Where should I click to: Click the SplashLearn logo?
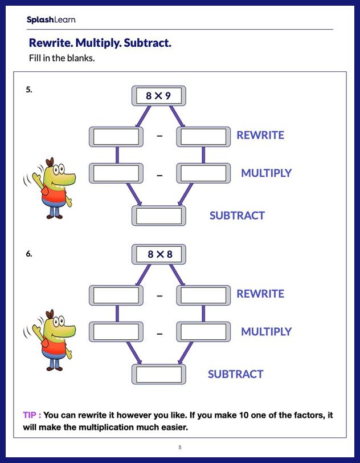click(51, 20)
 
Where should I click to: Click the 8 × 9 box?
click(159, 96)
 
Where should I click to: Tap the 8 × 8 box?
click(159, 254)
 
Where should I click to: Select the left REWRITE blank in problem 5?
click(116, 136)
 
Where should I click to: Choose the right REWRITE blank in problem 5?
click(203, 136)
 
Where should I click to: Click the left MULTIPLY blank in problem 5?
click(116, 173)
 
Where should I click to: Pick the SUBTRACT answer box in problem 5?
click(159, 216)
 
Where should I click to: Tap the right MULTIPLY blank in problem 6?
click(203, 331)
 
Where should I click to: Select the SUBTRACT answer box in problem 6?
click(159, 374)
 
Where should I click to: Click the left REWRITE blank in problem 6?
click(116, 295)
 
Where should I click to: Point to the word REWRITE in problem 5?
click(260, 135)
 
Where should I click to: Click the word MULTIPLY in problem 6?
click(266, 331)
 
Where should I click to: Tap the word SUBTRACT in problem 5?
click(237, 216)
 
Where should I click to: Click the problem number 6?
click(28, 254)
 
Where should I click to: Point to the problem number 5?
click(28, 90)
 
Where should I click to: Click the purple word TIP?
click(31, 415)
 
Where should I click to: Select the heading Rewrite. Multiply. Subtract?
click(100, 43)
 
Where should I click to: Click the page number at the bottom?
click(180, 447)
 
